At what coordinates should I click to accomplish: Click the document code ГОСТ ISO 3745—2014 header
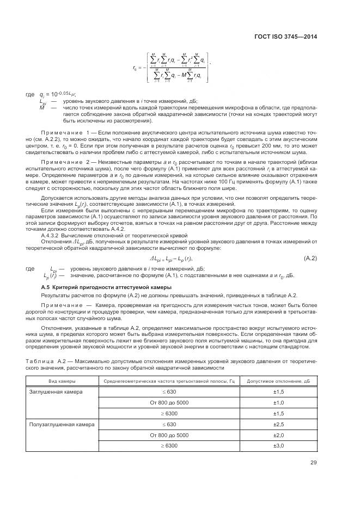click(285, 36)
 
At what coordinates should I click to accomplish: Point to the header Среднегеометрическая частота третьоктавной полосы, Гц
click(169, 381)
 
